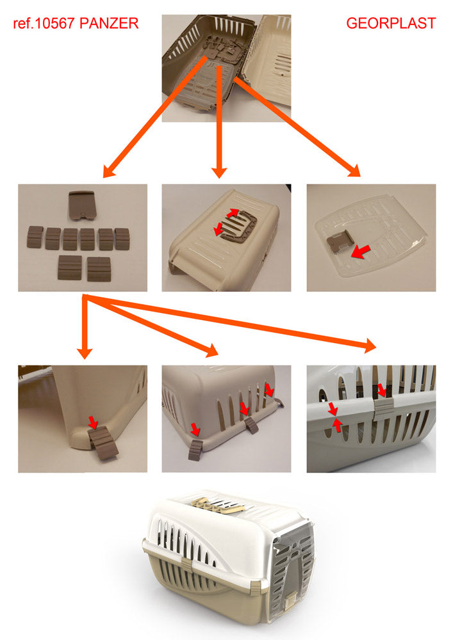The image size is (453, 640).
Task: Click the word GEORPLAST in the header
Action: coord(391,23)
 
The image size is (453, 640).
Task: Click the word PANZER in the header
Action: coord(109,23)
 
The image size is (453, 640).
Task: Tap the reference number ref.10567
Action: coord(44,23)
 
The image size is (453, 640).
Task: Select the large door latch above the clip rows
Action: coord(82,205)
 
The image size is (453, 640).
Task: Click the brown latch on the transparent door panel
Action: coord(338,243)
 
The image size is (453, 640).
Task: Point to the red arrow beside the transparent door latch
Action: coord(361,252)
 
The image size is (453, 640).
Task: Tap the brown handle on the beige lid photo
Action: coord(236,223)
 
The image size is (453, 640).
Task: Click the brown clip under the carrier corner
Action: coord(102,444)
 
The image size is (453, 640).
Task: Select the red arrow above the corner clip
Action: coord(93,422)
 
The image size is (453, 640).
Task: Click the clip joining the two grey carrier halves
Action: coord(384,406)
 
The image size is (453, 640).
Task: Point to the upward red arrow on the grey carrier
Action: coord(337,426)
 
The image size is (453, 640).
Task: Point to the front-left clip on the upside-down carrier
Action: coord(195,449)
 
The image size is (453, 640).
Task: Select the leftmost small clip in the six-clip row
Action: coord(35,237)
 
